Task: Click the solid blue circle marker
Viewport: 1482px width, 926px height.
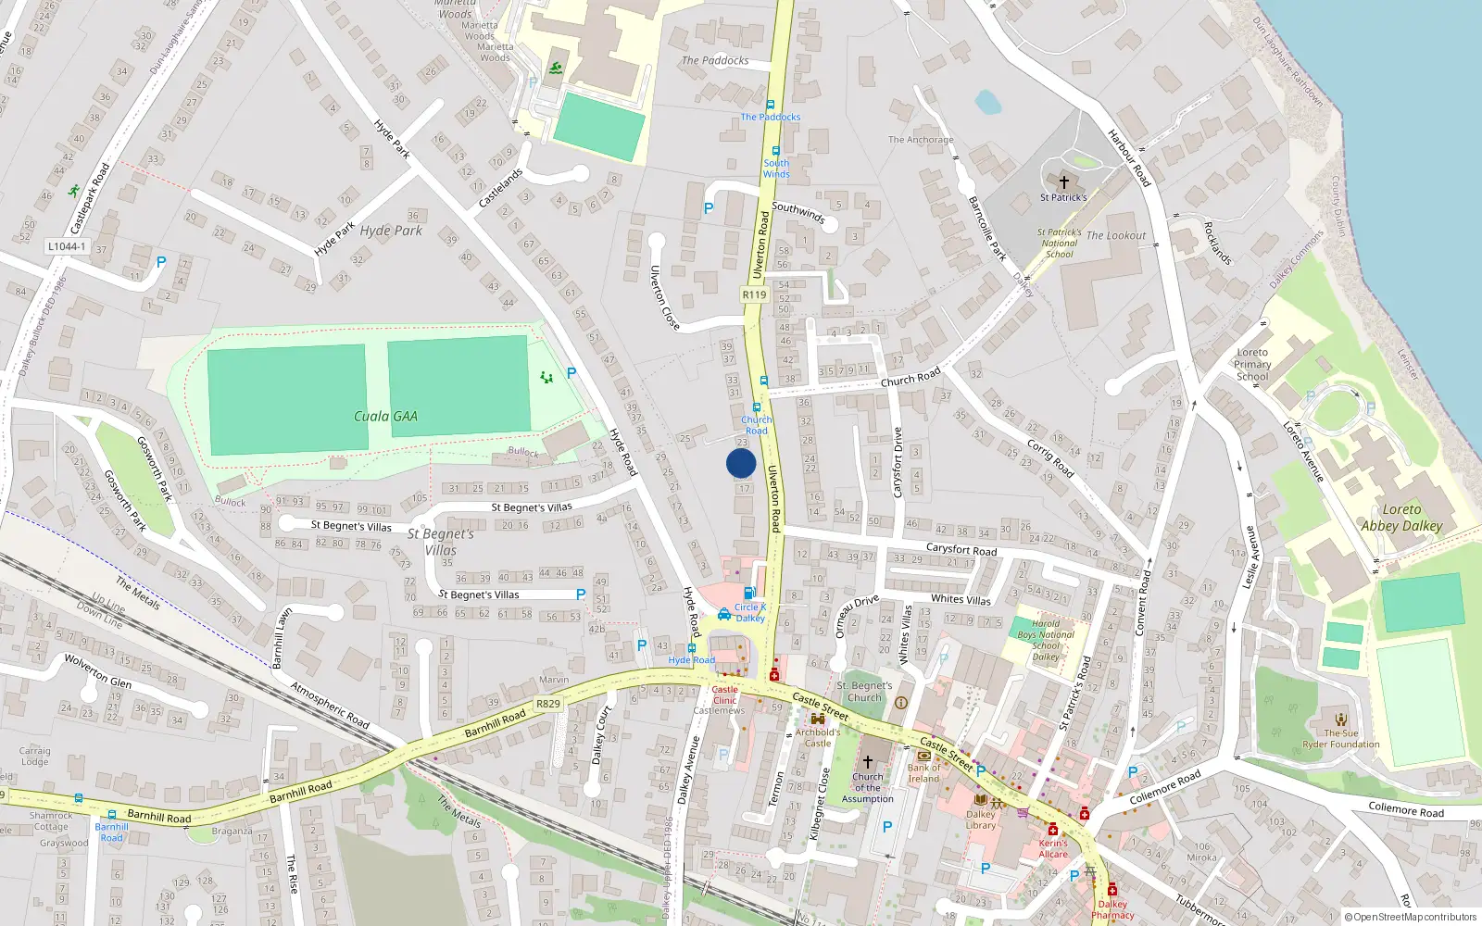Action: [741, 463]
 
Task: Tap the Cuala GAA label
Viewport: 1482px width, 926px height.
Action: [385, 417]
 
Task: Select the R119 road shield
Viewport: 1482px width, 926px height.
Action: [754, 294]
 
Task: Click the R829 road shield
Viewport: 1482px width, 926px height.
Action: [548, 704]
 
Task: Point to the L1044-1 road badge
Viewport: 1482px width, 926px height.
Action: [67, 246]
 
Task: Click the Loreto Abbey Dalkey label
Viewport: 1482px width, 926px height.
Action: [1401, 518]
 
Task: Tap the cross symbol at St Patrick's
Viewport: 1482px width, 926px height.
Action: [1063, 182]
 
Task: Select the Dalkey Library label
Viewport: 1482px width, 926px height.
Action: [981, 820]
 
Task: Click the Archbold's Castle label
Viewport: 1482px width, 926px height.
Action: [818, 737]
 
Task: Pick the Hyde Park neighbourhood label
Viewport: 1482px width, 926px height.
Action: [391, 231]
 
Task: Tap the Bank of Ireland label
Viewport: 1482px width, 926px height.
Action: [923, 773]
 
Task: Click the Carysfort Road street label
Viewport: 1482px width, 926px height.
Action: [961, 549]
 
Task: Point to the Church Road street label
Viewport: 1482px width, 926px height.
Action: [911, 377]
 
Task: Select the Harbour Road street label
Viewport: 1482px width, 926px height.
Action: [1129, 158]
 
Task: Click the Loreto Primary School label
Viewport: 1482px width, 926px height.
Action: [1252, 365]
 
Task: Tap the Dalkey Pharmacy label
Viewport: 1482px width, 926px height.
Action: [1112, 909]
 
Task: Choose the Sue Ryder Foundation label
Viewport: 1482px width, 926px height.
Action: [1341, 738]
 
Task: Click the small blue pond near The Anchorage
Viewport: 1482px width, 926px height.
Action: [987, 101]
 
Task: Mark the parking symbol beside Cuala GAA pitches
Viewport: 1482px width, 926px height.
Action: [571, 373]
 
